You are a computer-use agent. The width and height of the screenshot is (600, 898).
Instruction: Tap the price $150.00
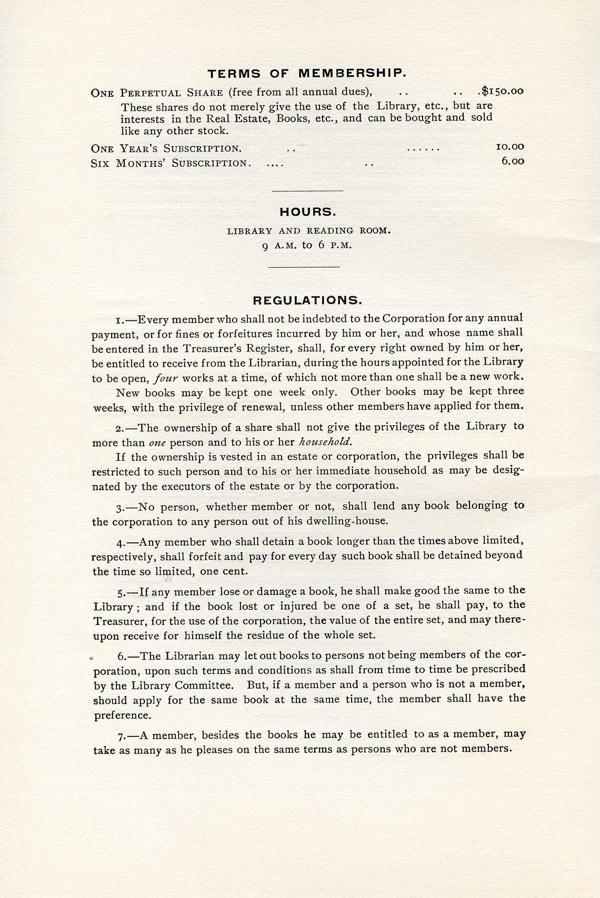click(503, 91)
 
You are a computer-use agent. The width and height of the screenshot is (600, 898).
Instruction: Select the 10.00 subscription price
click(510, 147)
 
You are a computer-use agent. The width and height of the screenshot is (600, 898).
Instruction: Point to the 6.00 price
click(513, 162)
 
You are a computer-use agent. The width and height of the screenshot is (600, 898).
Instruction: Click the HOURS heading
click(307, 213)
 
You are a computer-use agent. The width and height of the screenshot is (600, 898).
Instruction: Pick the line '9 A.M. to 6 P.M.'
click(307, 245)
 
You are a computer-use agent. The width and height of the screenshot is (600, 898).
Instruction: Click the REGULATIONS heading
click(307, 301)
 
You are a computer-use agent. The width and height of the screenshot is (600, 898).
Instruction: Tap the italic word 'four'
click(168, 378)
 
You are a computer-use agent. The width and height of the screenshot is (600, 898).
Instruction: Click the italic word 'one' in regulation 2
click(157, 443)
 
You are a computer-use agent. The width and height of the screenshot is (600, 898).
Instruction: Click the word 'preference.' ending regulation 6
click(123, 715)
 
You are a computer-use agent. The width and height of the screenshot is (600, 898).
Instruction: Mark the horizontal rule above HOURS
click(307, 190)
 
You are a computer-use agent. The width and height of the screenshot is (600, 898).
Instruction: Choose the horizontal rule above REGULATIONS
click(304, 267)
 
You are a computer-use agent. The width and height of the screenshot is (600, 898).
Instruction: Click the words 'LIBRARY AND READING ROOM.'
click(308, 230)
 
